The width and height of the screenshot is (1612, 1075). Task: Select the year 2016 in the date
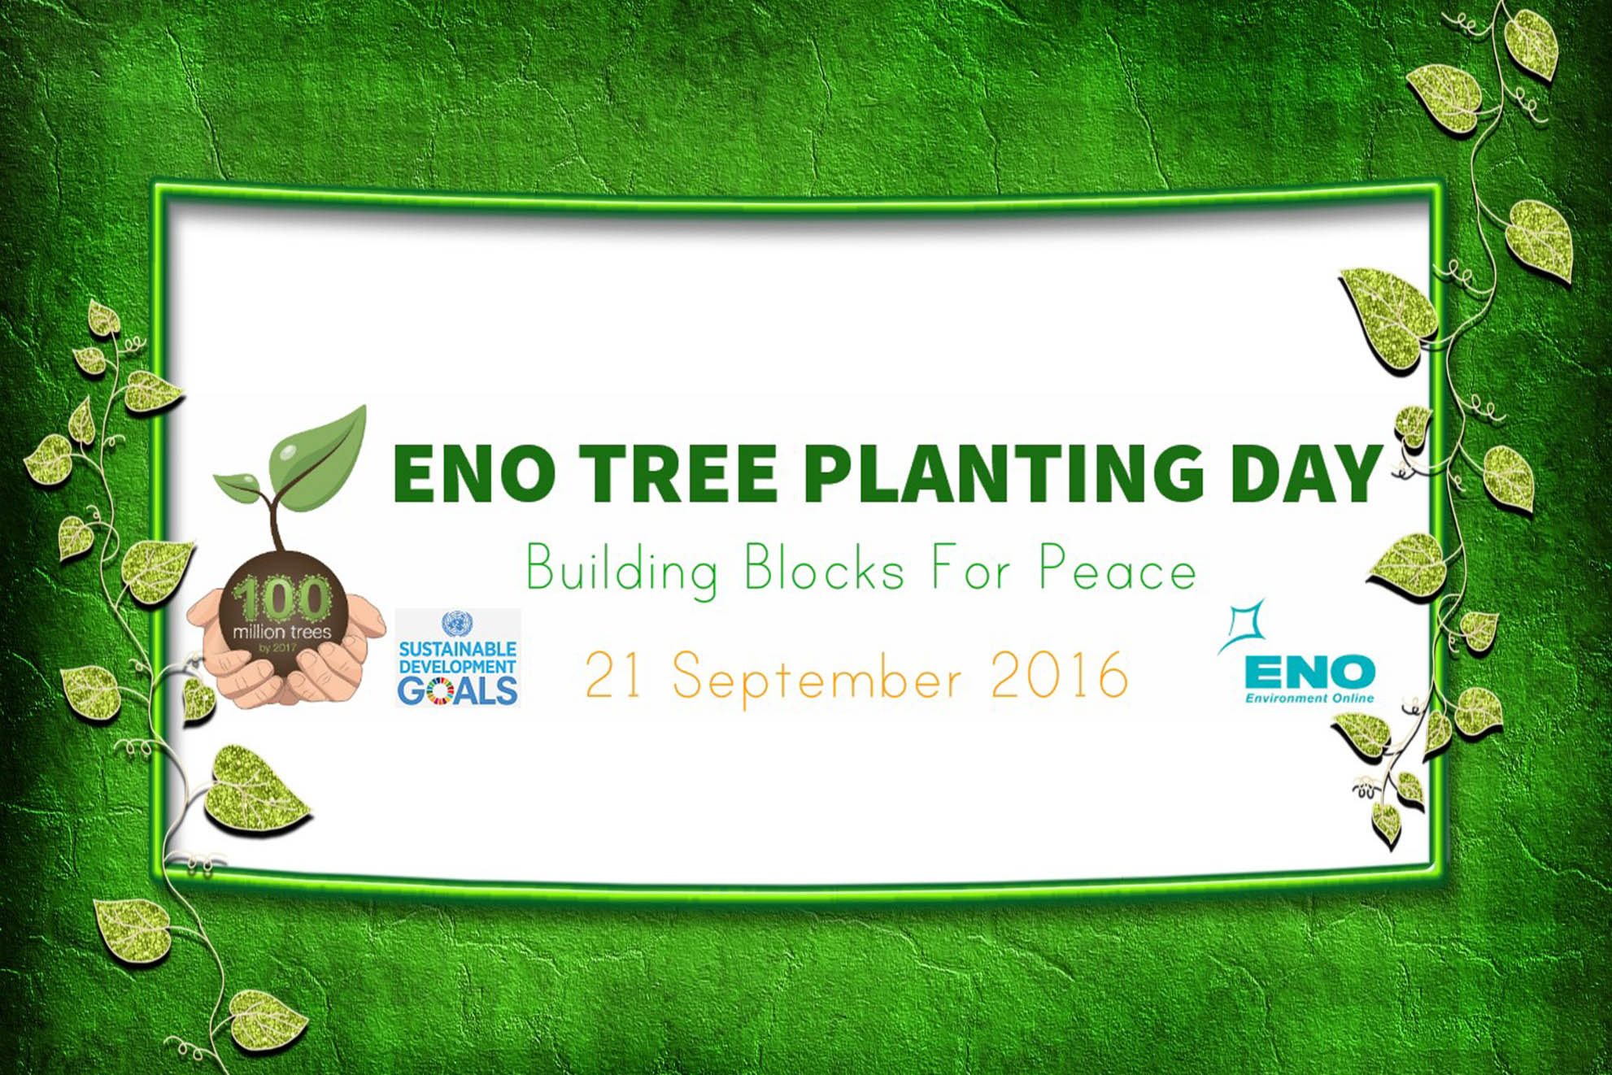pyautogui.click(x=1060, y=674)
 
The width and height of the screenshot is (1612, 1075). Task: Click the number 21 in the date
pyautogui.click(x=613, y=674)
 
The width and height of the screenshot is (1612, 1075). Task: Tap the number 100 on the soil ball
pyautogui.click(x=281, y=599)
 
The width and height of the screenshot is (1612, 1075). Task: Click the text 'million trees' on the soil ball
pyautogui.click(x=282, y=632)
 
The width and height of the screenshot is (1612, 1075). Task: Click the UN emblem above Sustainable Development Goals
pyautogui.click(x=457, y=625)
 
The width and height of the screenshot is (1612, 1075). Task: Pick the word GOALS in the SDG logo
pyautogui.click(x=458, y=690)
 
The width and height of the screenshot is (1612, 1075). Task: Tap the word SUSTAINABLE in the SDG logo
pyautogui.click(x=458, y=649)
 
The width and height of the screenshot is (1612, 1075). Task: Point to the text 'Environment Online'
pyautogui.click(x=1309, y=698)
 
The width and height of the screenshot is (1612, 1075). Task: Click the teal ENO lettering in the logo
pyautogui.click(x=1309, y=672)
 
